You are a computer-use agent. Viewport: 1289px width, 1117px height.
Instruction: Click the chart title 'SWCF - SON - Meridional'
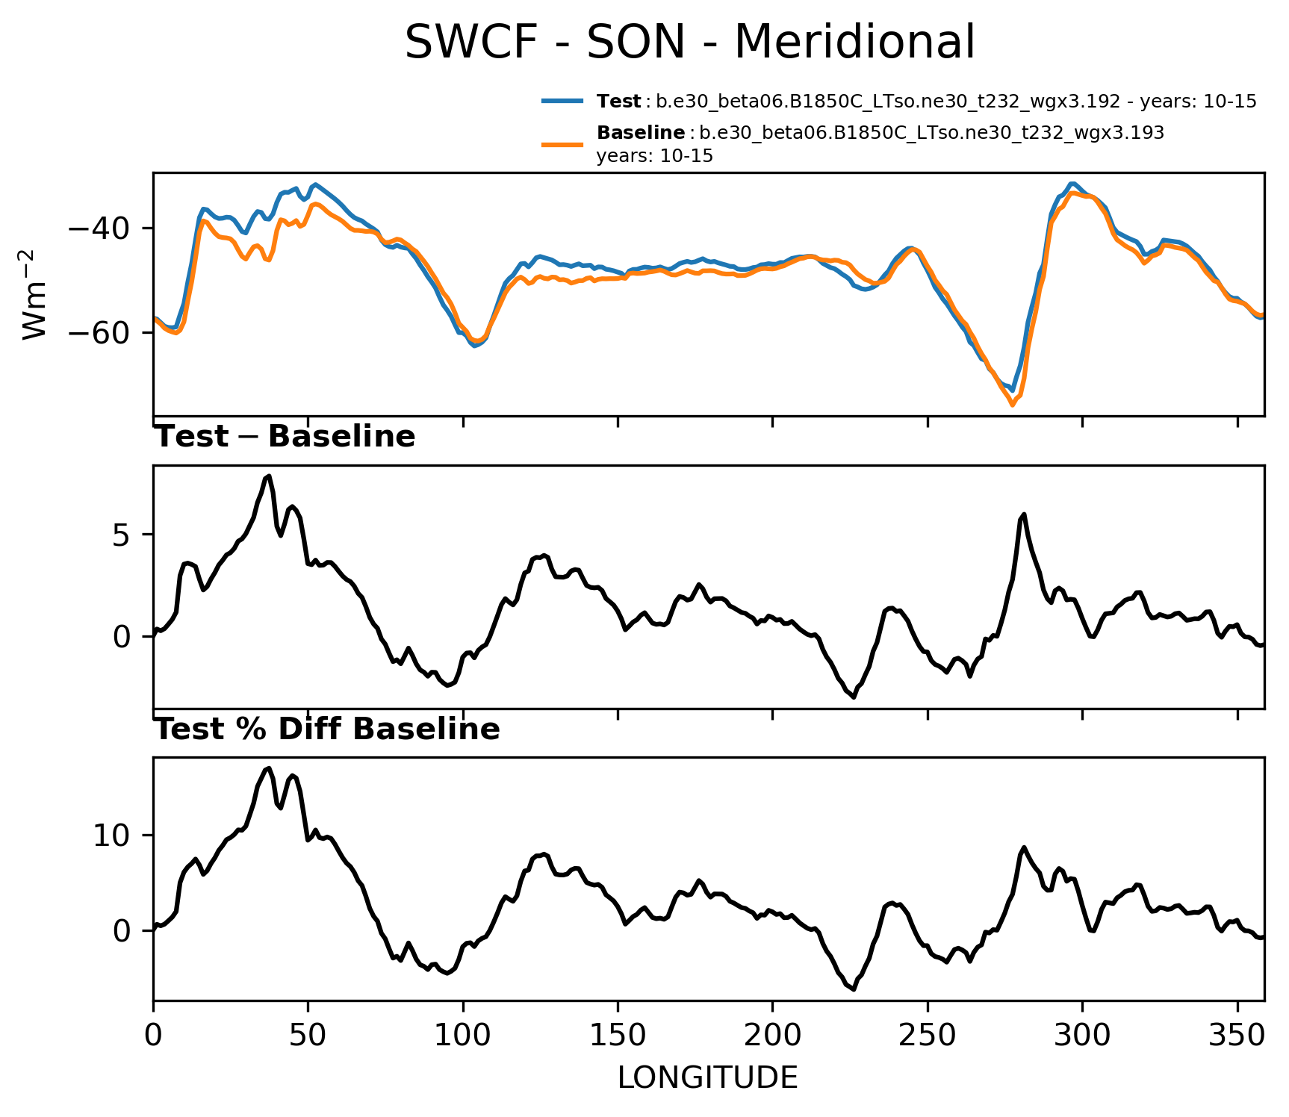(689, 43)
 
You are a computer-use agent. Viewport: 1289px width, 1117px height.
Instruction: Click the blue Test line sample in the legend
(562, 101)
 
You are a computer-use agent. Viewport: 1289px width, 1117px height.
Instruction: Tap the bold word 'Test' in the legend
(618, 102)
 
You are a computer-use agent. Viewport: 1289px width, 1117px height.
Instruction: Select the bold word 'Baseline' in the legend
(641, 133)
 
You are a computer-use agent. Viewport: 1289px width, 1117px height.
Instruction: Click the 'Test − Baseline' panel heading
(285, 437)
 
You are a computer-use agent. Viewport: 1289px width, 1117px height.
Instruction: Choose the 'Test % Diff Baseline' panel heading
(326, 729)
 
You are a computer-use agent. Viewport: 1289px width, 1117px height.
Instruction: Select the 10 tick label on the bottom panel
(112, 836)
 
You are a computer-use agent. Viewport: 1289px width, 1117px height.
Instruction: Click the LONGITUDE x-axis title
(707, 1078)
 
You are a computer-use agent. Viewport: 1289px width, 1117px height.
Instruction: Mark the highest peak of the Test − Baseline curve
(269, 476)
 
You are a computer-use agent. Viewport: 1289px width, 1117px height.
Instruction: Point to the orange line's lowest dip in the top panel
(1013, 405)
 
